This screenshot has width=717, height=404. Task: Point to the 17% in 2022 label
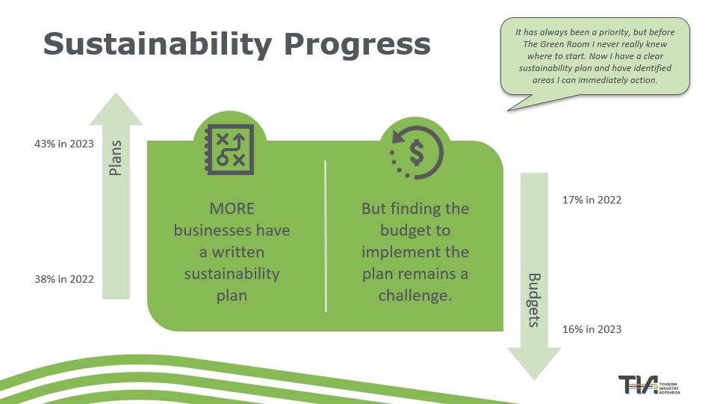point(592,200)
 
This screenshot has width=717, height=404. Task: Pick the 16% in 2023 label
point(592,329)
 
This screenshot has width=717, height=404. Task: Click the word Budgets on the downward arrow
point(535,300)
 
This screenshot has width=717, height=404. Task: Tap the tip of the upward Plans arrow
point(116,94)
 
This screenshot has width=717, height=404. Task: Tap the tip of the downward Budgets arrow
point(534,378)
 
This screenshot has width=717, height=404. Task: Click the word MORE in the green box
point(232,208)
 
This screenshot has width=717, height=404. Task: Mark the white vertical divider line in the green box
point(326,235)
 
